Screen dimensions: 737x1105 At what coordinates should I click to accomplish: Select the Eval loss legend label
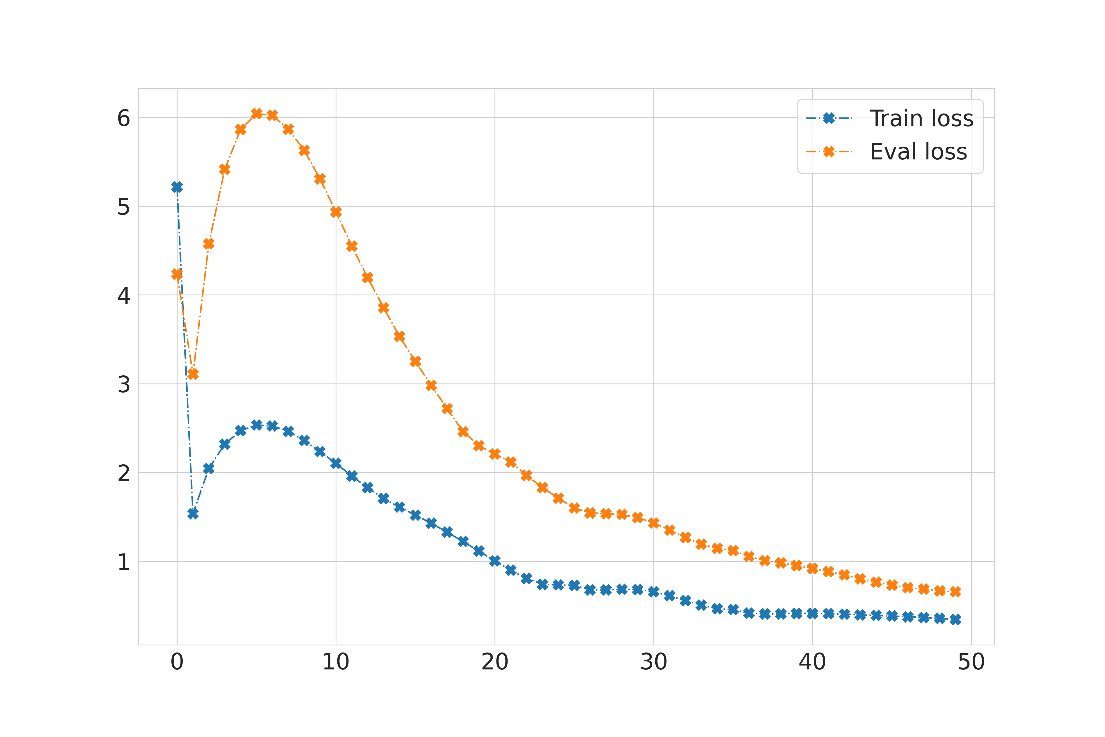[x=918, y=152]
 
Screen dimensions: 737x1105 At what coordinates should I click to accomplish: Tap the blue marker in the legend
[x=829, y=118]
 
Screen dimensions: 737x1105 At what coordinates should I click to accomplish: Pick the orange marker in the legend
[x=829, y=152]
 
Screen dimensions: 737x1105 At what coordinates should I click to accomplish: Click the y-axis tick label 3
[x=124, y=384]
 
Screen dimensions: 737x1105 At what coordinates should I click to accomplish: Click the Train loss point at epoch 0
[x=177, y=187]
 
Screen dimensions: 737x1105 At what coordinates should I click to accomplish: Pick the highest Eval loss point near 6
[x=257, y=114]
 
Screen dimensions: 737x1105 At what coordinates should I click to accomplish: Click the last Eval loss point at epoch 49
[x=955, y=592]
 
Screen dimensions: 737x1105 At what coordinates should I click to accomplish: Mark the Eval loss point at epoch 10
[x=336, y=212]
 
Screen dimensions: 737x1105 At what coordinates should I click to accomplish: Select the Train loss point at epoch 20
[x=495, y=561]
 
